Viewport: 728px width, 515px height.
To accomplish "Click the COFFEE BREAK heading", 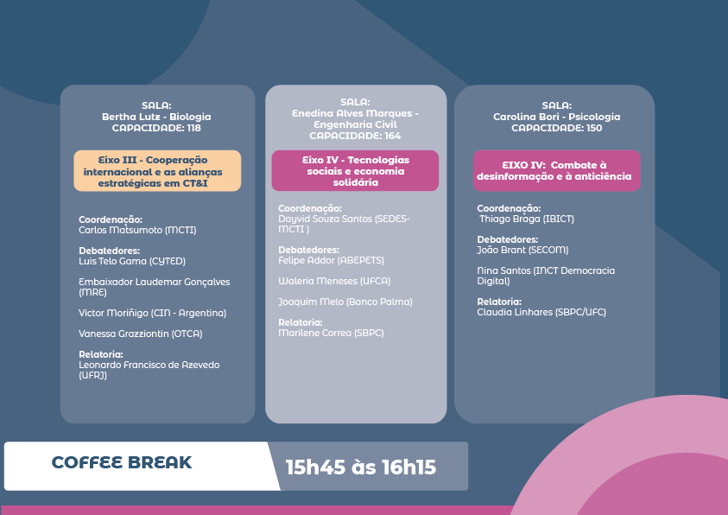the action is pos(122,462).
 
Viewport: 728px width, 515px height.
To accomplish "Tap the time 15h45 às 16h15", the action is pos(361,467).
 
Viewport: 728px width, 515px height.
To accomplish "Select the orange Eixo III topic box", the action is pos(157,171).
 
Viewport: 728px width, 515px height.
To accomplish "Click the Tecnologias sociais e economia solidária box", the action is pos(355,170).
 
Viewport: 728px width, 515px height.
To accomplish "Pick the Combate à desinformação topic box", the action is pos(557,170).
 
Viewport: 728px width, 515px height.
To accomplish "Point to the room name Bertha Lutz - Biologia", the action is pos(156,117).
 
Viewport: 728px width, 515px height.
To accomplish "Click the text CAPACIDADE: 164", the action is pos(355,136).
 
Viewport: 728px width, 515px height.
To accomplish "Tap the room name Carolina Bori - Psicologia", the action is pos(557,117).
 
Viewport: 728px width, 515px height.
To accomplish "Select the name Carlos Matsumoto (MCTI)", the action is pos(137,231).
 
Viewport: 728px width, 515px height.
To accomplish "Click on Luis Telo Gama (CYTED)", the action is pos(132,262).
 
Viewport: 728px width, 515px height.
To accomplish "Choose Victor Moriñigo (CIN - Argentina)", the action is pos(152,314).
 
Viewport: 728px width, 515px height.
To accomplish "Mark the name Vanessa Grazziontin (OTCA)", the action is pos(140,334).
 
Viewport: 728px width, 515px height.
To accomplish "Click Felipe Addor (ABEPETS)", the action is pos(331,260).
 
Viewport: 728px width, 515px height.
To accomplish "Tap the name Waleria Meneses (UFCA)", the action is pos(334,282).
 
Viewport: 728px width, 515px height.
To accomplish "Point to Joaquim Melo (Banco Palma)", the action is pos(345,302).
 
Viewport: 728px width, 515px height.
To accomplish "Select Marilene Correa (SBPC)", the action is pos(331,333).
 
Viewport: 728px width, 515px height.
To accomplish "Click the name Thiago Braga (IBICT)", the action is pos(527,219).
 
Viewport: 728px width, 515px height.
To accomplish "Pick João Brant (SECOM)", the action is pos(522,251).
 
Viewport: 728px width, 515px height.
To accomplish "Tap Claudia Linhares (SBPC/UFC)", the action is pos(541,313).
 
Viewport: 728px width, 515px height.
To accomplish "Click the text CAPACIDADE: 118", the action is pos(156,128).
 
